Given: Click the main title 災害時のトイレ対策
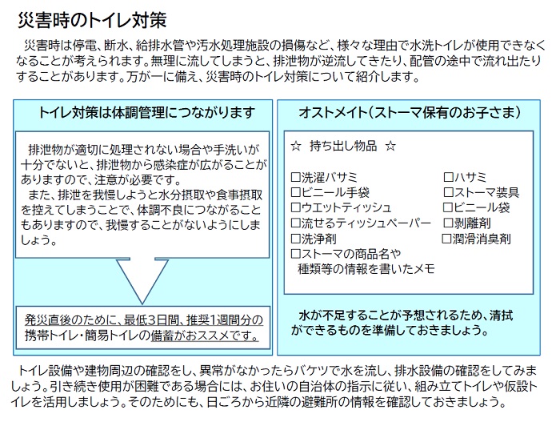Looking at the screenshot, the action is [x=92, y=20].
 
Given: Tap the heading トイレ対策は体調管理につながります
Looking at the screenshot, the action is [x=146, y=113].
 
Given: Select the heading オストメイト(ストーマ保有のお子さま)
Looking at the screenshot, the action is [x=410, y=113].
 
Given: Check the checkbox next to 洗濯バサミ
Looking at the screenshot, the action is [x=296, y=177].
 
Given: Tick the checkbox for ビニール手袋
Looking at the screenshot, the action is [x=296, y=192].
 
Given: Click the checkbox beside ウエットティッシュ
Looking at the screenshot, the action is [x=296, y=207].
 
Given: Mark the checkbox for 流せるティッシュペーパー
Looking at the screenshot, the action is [x=296, y=223].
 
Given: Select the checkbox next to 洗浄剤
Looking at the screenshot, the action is [x=296, y=238].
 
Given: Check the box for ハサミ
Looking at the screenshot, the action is [x=448, y=177].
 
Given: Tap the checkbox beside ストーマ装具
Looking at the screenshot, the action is [x=448, y=192].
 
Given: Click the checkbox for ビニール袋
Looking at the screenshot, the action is [x=447, y=207].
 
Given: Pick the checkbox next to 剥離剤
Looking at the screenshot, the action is [x=448, y=223].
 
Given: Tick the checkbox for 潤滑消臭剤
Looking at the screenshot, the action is [x=446, y=239].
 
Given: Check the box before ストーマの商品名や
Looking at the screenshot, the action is [x=296, y=254].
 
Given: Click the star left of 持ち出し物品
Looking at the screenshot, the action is [x=296, y=147].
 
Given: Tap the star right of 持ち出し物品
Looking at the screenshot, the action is [x=390, y=147].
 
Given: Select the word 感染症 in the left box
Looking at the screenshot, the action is [x=170, y=165].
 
